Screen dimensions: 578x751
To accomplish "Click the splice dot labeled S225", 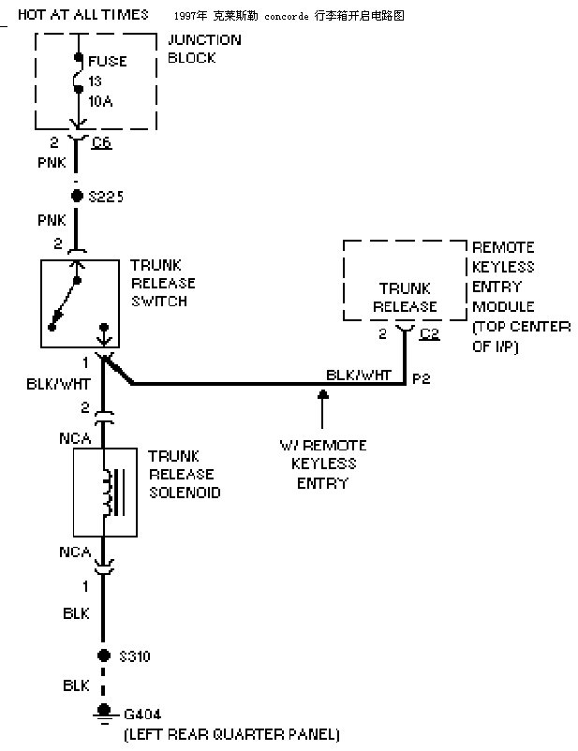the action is (x=77, y=196).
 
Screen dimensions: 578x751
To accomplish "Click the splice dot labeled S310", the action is (x=104, y=655).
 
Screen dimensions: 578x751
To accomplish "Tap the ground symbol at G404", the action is (x=104, y=714).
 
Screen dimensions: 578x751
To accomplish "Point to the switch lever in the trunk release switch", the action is (x=65, y=303).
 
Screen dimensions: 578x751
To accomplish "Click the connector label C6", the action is (x=101, y=142).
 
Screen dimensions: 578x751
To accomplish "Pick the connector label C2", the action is (x=429, y=333).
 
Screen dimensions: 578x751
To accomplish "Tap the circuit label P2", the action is (x=422, y=379).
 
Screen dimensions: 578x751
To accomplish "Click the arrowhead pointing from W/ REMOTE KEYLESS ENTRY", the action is (x=323, y=394).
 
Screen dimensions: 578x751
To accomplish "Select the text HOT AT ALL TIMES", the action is (x=83, y=15).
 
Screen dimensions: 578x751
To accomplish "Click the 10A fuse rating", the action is (x=100, y=101).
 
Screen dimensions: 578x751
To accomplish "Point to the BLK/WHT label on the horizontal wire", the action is (x=359, y=375).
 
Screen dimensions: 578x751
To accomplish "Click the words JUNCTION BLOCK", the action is (x=204, y=49).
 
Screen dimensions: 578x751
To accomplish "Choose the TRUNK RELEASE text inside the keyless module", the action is (x=405, y=298).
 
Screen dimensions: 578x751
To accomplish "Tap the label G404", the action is (x=142, y=714).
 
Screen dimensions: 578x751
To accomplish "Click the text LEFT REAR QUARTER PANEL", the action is (x=232, y=734).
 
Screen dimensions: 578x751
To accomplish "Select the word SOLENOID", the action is (x=185, y=493).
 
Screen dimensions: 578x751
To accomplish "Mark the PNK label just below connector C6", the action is (x=52, y=163).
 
